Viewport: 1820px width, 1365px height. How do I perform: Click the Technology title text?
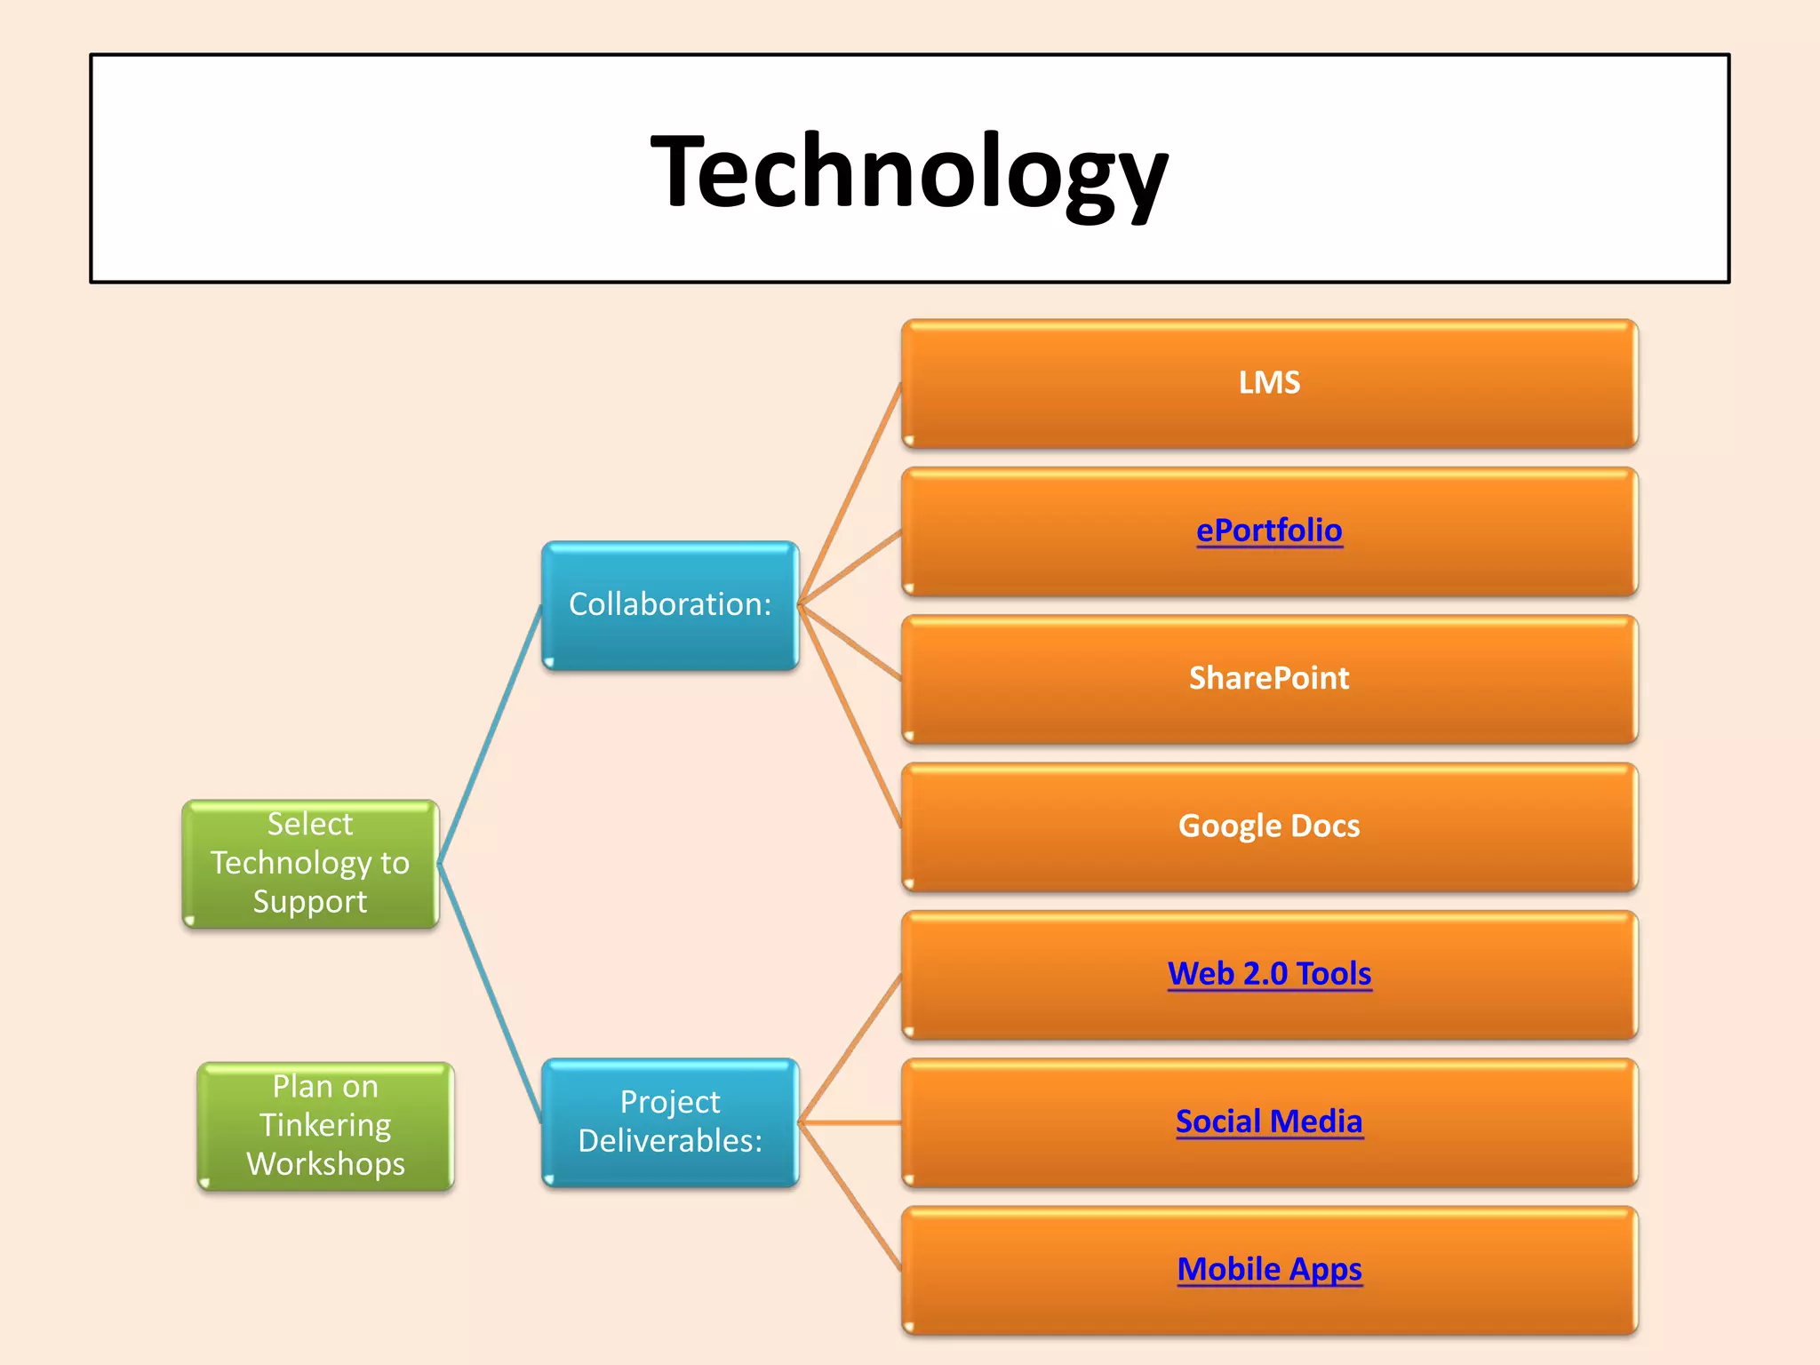click(909, 171)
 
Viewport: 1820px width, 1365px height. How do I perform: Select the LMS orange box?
click(1269, 383)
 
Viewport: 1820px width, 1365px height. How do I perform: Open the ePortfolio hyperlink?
click(1269, 531)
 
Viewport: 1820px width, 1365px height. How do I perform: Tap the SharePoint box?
click(1269, 678)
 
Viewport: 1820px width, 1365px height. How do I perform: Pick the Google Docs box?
click(1269, 826)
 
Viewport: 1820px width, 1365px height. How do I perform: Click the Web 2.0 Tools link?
click(1269, 973)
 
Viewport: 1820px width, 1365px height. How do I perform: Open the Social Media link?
click(1269, 1122)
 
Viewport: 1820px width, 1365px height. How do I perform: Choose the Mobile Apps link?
click(1269, 1269)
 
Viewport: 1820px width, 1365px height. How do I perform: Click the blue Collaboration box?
click(670, 604)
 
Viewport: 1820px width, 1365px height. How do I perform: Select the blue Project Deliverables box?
click(670, 1122)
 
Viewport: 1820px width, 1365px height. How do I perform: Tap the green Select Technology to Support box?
click(310, 863)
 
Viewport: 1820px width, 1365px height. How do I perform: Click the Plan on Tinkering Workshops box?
click(325, 1125)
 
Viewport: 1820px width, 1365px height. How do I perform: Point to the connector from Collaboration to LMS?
click(850, 494)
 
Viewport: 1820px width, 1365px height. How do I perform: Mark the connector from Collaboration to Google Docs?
click(850, 716)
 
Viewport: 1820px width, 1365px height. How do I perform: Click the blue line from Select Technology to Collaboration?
click(491, 733)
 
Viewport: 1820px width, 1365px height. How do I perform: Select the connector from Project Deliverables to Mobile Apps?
click(850, 1196)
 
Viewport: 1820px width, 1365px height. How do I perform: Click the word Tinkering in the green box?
click(325, 1125)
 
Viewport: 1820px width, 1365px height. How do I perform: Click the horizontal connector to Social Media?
click(850, 1123)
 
